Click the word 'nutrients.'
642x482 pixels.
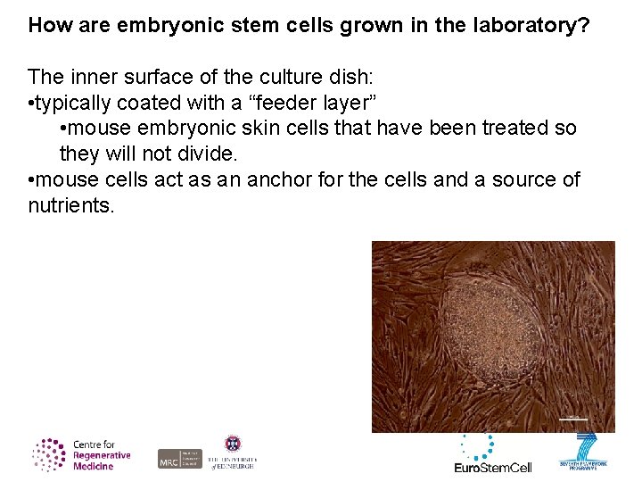(x=71, y=205)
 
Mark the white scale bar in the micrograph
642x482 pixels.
(x=573, y=417)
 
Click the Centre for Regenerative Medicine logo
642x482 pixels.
(x=82, y=455)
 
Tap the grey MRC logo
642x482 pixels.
(x=179, y=459)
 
